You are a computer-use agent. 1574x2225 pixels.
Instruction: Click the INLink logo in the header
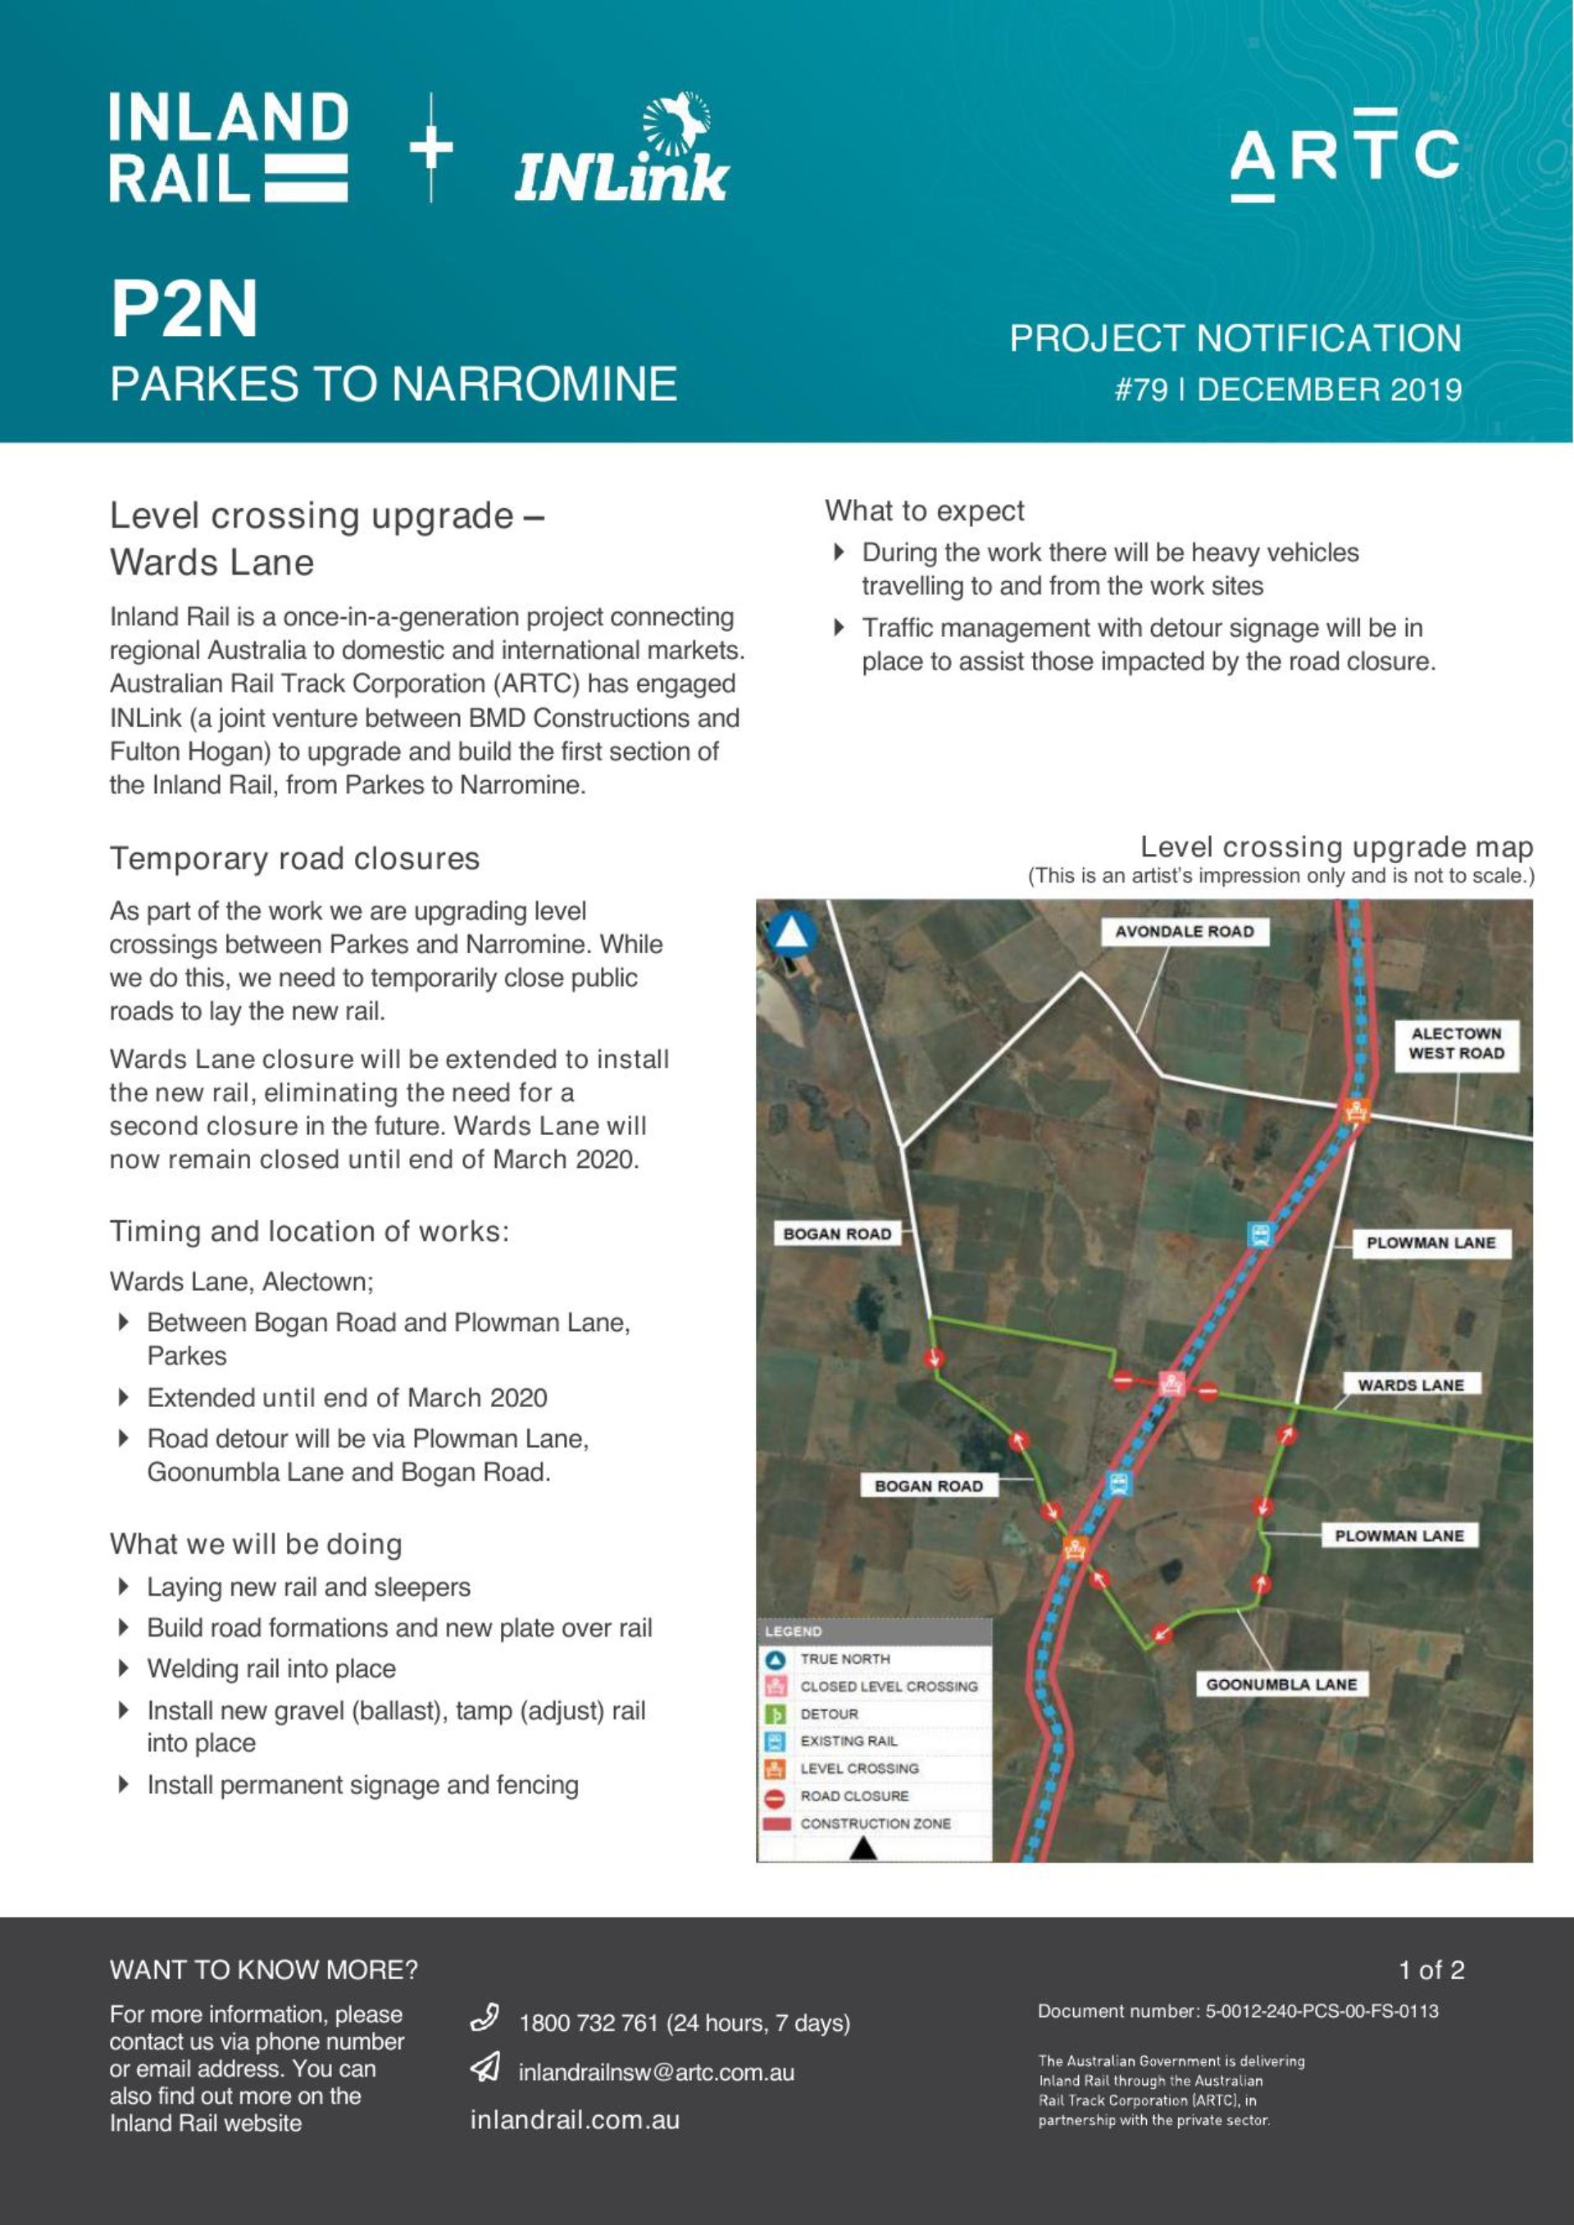[x=621, y=150]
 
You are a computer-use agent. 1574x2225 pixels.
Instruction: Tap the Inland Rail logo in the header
[x=229, y=148]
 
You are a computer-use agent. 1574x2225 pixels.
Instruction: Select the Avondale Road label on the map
[x=1184, y=931]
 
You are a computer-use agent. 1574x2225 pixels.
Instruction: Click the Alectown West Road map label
[x=1455, y=1044]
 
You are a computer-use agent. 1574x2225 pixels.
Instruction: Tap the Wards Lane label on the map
[x=1409, y=1385]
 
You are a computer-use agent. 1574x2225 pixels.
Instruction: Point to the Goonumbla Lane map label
[x=1281, y=1684]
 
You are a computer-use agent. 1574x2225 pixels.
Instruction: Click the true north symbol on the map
[x=791, y=933]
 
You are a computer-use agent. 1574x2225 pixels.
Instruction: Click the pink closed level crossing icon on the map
[x=1173, y=1383]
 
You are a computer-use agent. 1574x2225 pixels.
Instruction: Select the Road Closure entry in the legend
[x=853, y=1796]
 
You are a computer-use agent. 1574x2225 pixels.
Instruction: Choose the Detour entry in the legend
[x=829, y=1714]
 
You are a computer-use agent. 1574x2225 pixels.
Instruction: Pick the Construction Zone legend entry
[x=874, y=1823]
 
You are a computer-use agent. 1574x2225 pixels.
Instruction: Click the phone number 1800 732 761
[x=685, y=2023]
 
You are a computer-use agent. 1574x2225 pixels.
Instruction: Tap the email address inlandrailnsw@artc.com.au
[x=656, y=2073]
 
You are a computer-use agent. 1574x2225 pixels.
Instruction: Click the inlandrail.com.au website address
[x=575, y=2120]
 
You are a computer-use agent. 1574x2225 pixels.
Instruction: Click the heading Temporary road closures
[x=294, y=859]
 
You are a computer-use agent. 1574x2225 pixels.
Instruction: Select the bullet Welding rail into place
[x=271, y=1669]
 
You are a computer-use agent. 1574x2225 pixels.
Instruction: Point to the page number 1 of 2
[x=1431, y=1970]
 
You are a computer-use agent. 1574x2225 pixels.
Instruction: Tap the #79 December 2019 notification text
[x=1287, y=389]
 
